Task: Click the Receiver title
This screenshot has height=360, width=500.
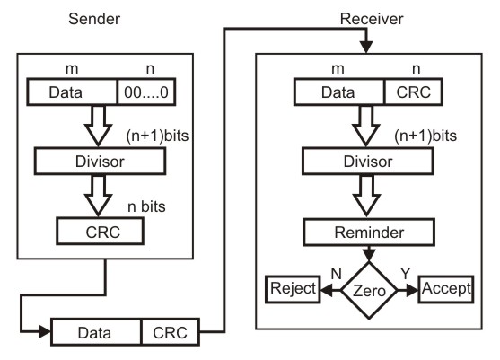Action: tap(368, 18)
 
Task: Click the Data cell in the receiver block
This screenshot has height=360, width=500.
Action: tap(341, 92)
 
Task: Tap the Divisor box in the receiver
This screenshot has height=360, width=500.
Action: tap(368, 162)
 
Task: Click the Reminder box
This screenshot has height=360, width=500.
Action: tap(368, 231)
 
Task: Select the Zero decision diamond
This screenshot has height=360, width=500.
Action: tap(368, 290)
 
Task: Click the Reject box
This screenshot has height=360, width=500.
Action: tap(292, 290)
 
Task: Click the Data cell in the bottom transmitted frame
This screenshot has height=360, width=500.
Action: tap(94, 331)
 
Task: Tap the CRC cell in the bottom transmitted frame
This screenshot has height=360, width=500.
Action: tap(169, 331)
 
